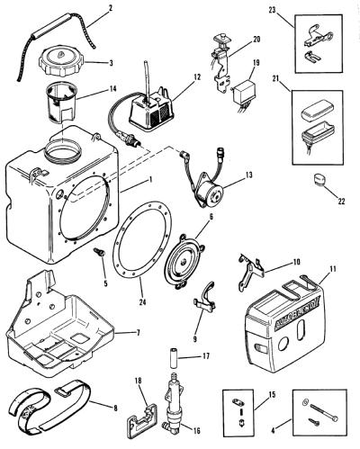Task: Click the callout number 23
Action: pyautogui.click(x=272, y=10)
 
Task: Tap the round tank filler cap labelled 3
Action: pyautogui.click(x=62, y=64)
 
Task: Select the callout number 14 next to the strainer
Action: pyautogui.click(x=112, y=89)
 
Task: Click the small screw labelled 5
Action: pyautogui.click(x=100, y=252)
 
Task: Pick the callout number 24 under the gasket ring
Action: pyautogui.click(x=142, y=302)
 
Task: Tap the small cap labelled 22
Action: pyautogui.click(x=319, y=179)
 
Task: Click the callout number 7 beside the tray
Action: pyautogui.click(x=138, y=333)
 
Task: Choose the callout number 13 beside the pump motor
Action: pyautogui.click(x=248, y=175)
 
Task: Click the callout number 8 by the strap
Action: pyautogui.click(x=115, y=408)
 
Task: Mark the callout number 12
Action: pyautogui.click(x=197, y=77)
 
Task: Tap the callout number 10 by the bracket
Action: pyautogui.click(x=296, y=262)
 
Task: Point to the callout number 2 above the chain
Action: pyautogui.click(x=111, y=8)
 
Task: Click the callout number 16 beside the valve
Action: pyautogui.click(x=196, y=431)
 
